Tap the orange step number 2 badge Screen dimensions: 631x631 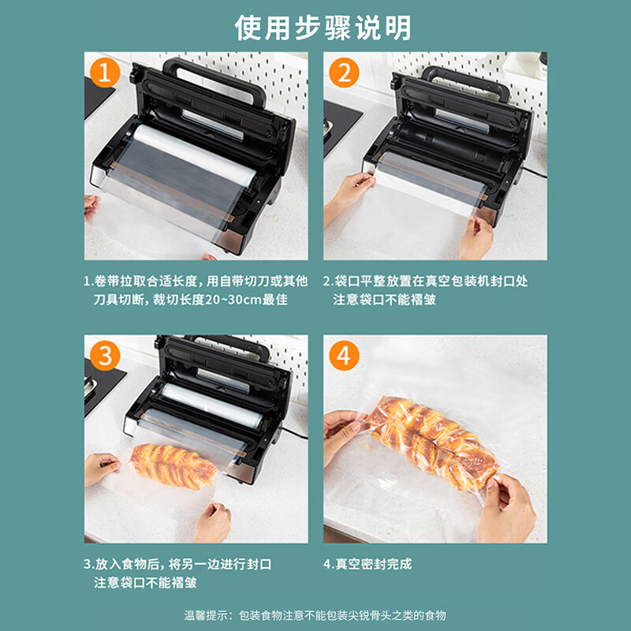(344, 73)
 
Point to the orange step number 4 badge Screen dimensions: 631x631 (344, 356)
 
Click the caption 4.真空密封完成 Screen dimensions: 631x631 (368, 564)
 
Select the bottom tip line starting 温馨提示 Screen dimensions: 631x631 (315, 614)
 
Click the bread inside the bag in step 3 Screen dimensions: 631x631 (174, 465)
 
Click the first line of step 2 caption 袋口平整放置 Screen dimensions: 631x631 (426, 281)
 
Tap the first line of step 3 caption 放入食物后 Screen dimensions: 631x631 (177, 564)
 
